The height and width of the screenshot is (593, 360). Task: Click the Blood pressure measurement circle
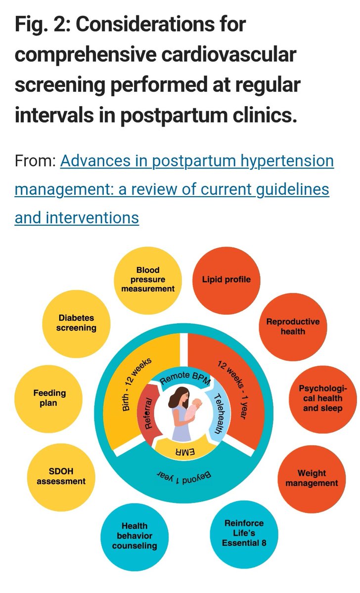[x=148, y=280]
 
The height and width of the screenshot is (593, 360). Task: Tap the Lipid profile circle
[x=226, y=280]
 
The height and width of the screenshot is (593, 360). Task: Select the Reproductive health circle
[x=293, y=326]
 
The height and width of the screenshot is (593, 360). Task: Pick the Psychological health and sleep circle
[x=322, y=399]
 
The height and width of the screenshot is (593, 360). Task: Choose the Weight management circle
[x=312, y=478]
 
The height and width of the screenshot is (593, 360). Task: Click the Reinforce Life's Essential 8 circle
[x=244, y=532]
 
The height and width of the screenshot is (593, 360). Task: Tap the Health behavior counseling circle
[x=135, y=536]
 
